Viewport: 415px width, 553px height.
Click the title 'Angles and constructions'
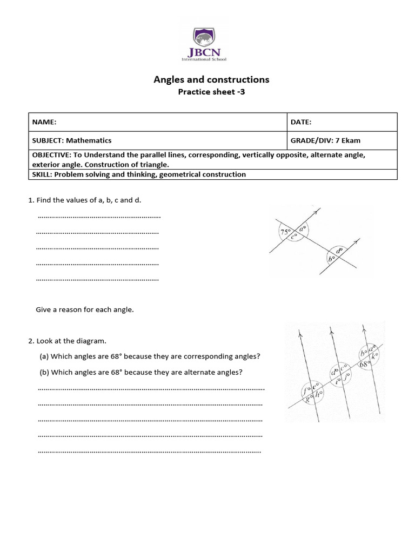tap(211, 79)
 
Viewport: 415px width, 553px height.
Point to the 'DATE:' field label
tap(301, 123)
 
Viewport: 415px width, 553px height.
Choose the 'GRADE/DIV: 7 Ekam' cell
tap(325, 140)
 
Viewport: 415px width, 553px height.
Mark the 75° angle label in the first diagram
tap(285, 232)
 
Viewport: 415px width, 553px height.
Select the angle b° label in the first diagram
tap(332, 259)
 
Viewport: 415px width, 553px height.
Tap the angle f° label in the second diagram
tap(306, 388)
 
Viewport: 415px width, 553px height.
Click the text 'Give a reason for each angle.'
tap(84, 310)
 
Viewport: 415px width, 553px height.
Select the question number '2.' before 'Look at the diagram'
tap(31, 341)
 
